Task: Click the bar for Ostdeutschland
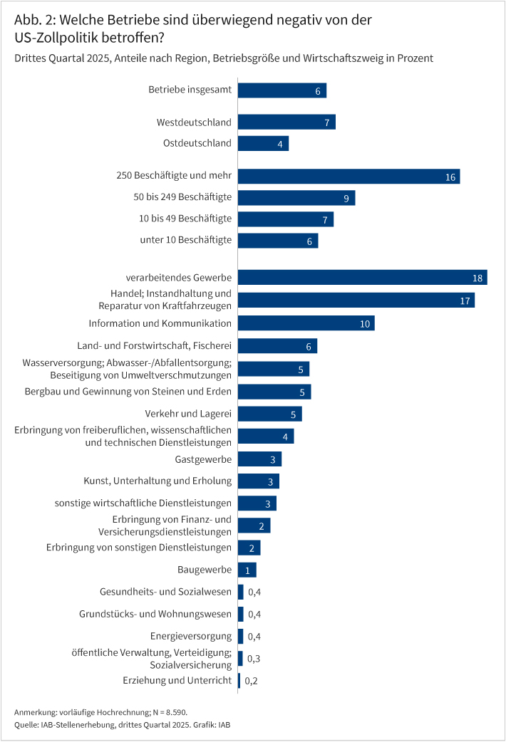pos(262,143)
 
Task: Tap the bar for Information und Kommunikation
pos(306,323)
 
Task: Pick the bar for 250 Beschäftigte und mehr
pos(348,176)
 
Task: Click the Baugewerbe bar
pos(247,570)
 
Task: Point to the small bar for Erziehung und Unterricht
pos(239,681)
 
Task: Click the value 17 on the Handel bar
pos(465,301)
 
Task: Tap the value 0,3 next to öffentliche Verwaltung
pos(252,659)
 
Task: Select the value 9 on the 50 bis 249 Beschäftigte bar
pos(346,198)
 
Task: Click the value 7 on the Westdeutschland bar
pos(326,122)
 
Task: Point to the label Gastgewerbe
pos(203,459)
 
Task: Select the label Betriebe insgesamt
pos(190,90)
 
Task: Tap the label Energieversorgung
pos(191,636)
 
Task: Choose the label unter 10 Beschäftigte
pos(186,240)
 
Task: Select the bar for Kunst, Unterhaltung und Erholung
pos(258,481)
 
